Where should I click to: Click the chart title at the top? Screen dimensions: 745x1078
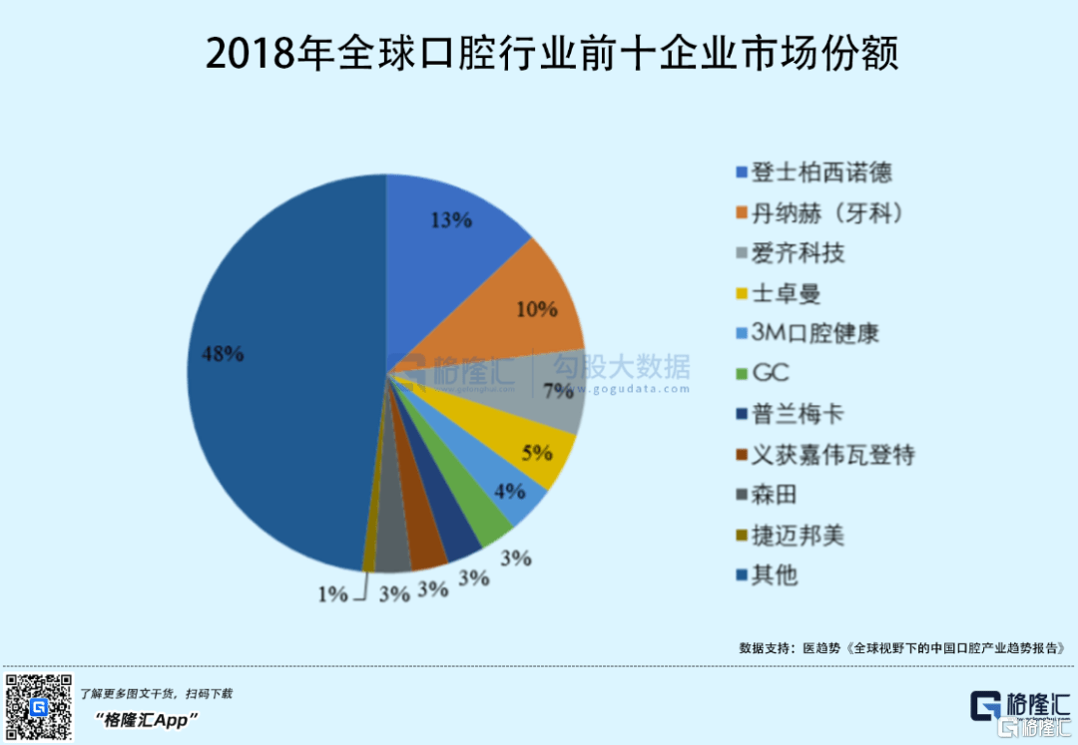click(x=552, y=52)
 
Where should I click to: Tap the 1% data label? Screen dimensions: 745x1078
click(x=333, y=594)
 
